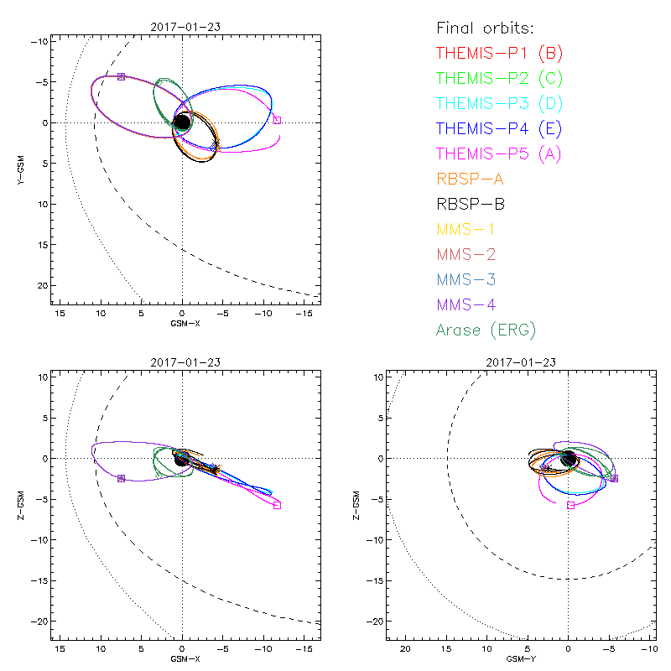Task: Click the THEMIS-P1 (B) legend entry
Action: coord(500,53)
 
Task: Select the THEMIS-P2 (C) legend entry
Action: coord(500,78)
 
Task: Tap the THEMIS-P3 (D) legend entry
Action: coord(500,103)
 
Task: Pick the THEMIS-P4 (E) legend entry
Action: coord(500,128)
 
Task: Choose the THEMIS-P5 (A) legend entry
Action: coord(500,153)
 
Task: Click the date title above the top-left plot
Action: coord(182,27)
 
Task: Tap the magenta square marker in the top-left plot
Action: coord(278,120)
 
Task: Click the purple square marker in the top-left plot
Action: coord(121,76)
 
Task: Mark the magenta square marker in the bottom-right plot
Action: coord(570,505)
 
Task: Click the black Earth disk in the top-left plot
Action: coord(182,122)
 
